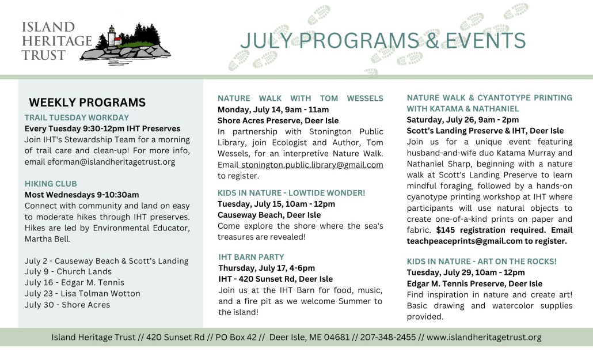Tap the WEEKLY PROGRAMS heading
coord(88,102)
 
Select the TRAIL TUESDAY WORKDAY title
coord(77,118)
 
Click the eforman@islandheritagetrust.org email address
coord(111,162)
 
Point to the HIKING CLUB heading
coord(51,184)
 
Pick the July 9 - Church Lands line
coord(68,272)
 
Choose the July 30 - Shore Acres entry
coord(67,305)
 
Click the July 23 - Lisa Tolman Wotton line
coord(82,294)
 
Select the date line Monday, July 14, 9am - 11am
coord(273,110)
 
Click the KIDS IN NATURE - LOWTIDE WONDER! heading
coord(291,193)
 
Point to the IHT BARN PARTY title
coord(251,257)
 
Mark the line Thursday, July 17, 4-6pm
coord(267,268)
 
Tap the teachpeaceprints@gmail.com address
coord(465,241)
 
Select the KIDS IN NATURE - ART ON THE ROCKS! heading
coord(481,262)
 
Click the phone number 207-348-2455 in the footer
coord(387,338)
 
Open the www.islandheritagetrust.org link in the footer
coord(484,338)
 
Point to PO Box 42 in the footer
coord(236,338)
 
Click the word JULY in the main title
coord(266,41)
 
